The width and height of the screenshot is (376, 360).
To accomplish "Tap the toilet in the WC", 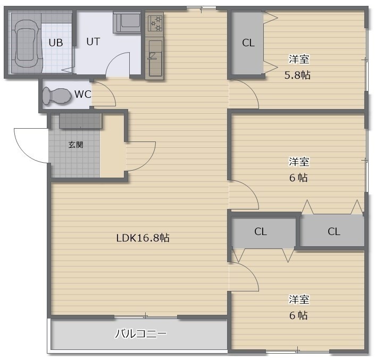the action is (x=57, y=96).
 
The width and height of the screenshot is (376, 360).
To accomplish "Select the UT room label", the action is (x=93, y=41).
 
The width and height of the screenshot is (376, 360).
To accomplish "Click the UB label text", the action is (x=56, y=43).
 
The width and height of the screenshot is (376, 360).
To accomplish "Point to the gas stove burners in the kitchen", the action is (x=155, y=23).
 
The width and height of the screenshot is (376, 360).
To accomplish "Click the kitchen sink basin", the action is (x=155, y=58).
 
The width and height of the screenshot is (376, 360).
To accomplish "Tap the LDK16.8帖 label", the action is (x=143, y=238).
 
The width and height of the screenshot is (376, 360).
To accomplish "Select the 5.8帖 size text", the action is (x=297, y=75).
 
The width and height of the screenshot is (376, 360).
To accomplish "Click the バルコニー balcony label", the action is (x=141, y=333).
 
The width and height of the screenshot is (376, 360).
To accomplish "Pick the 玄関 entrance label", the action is (x=76, y=145).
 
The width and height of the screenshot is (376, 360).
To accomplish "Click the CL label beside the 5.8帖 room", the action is (x=248, y=43).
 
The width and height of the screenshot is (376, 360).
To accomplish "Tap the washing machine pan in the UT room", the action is (x=127, y=22).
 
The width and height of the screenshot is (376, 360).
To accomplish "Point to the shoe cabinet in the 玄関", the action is (x=81, y=121).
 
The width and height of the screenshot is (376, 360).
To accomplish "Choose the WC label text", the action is (x=83, y=94).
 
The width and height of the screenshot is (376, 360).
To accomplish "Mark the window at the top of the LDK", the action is (x=202, y=9).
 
